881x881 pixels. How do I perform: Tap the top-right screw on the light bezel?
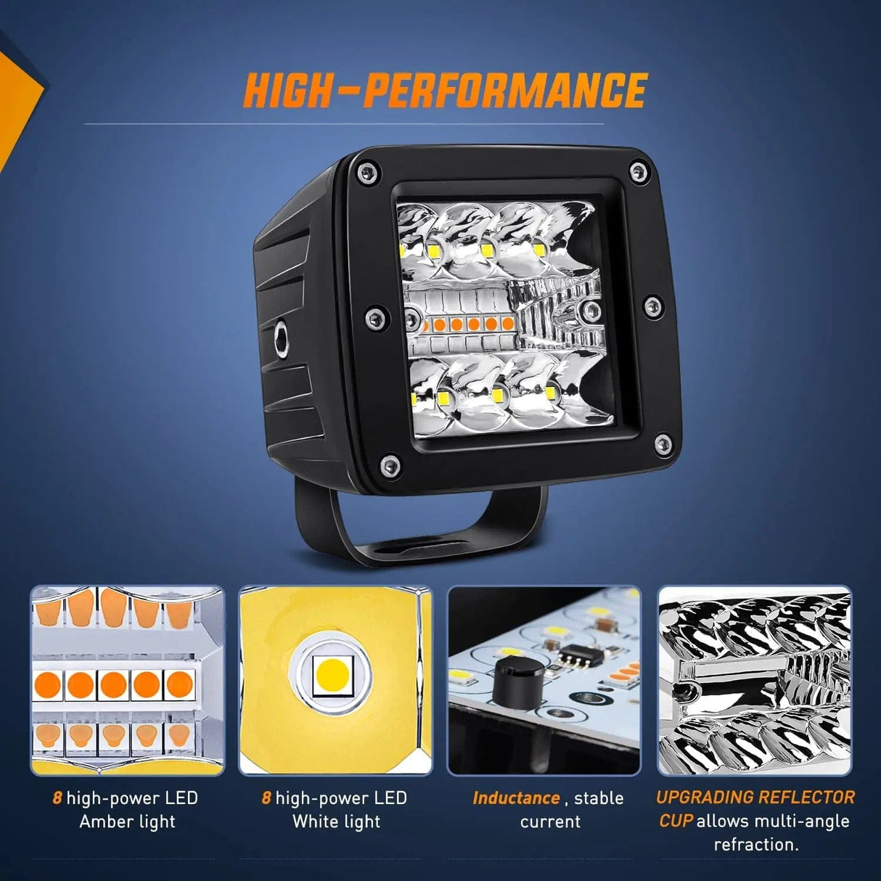[x=637, y=172]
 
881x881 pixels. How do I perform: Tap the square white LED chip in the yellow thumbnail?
[x=333, y=676]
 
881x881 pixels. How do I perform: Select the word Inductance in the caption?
[x=516, y=798]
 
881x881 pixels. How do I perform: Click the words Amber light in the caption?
[x=127, y=821]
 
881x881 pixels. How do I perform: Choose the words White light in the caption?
[x=336, y=821]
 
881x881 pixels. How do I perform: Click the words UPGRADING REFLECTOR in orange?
[x=755, y=798]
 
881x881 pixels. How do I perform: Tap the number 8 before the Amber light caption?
[x=57, y=798]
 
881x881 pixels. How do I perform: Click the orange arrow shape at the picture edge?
[x=18, y=105]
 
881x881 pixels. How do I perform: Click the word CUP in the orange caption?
[x=676, y=821]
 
